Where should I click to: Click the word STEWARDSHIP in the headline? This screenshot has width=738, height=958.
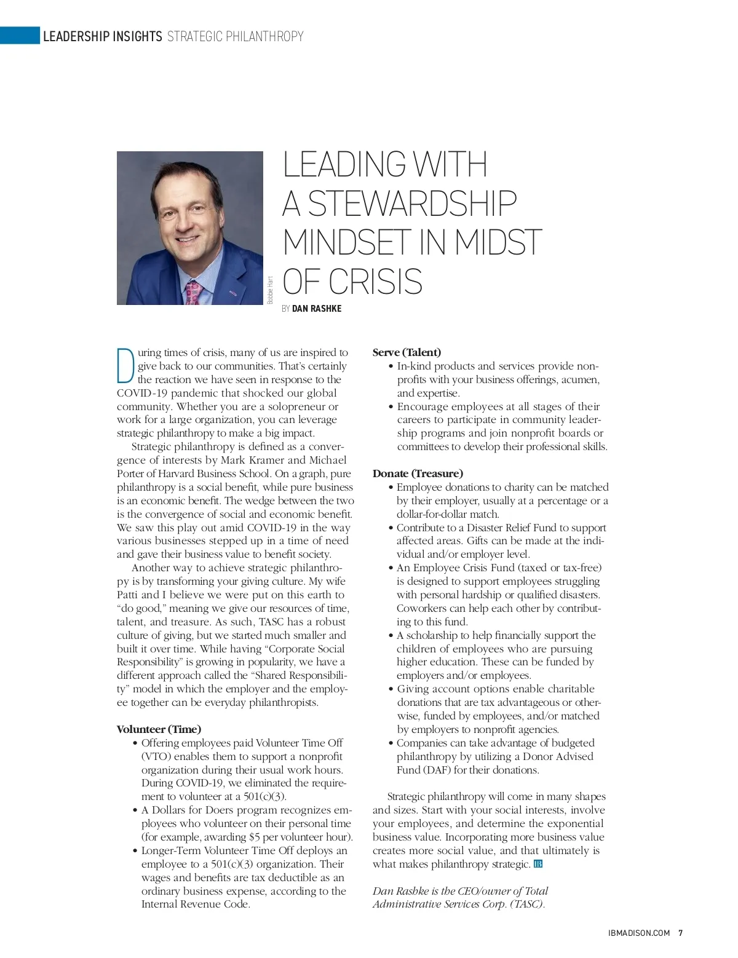(411, 204)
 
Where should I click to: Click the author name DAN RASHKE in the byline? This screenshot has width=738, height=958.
(317, 309)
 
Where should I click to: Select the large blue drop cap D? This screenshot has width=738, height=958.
(125, 365)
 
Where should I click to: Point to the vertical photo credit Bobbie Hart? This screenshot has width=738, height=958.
(271, 290)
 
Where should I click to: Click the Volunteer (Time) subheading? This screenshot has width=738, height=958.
(159, 729)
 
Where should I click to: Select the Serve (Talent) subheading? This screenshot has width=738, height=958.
(407, 352)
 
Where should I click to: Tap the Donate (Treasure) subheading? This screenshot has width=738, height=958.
(418, 473)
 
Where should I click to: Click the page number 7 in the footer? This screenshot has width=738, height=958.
(680, 933)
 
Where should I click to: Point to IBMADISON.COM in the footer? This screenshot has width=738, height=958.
(638, 933)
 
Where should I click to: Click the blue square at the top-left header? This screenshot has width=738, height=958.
(19, 36)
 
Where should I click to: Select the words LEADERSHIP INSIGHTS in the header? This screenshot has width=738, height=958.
(102, 36)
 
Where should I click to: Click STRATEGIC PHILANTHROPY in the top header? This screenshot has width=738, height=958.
(236, 36)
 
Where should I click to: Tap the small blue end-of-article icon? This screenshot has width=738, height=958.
(538, 864)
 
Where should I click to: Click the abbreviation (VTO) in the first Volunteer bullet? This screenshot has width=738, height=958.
(156, 756)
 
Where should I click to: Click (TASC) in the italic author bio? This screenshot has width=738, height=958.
(526, 904)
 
